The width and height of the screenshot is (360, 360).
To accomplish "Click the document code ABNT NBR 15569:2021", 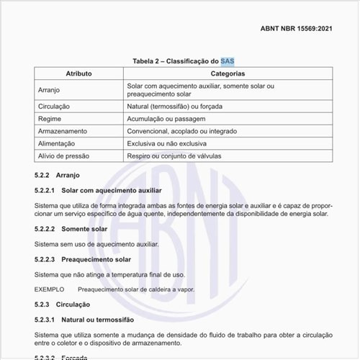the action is pyautogui.click(x=297, y=30).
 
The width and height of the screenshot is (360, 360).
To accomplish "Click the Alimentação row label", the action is pyautogui.click(x=57, y=144).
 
